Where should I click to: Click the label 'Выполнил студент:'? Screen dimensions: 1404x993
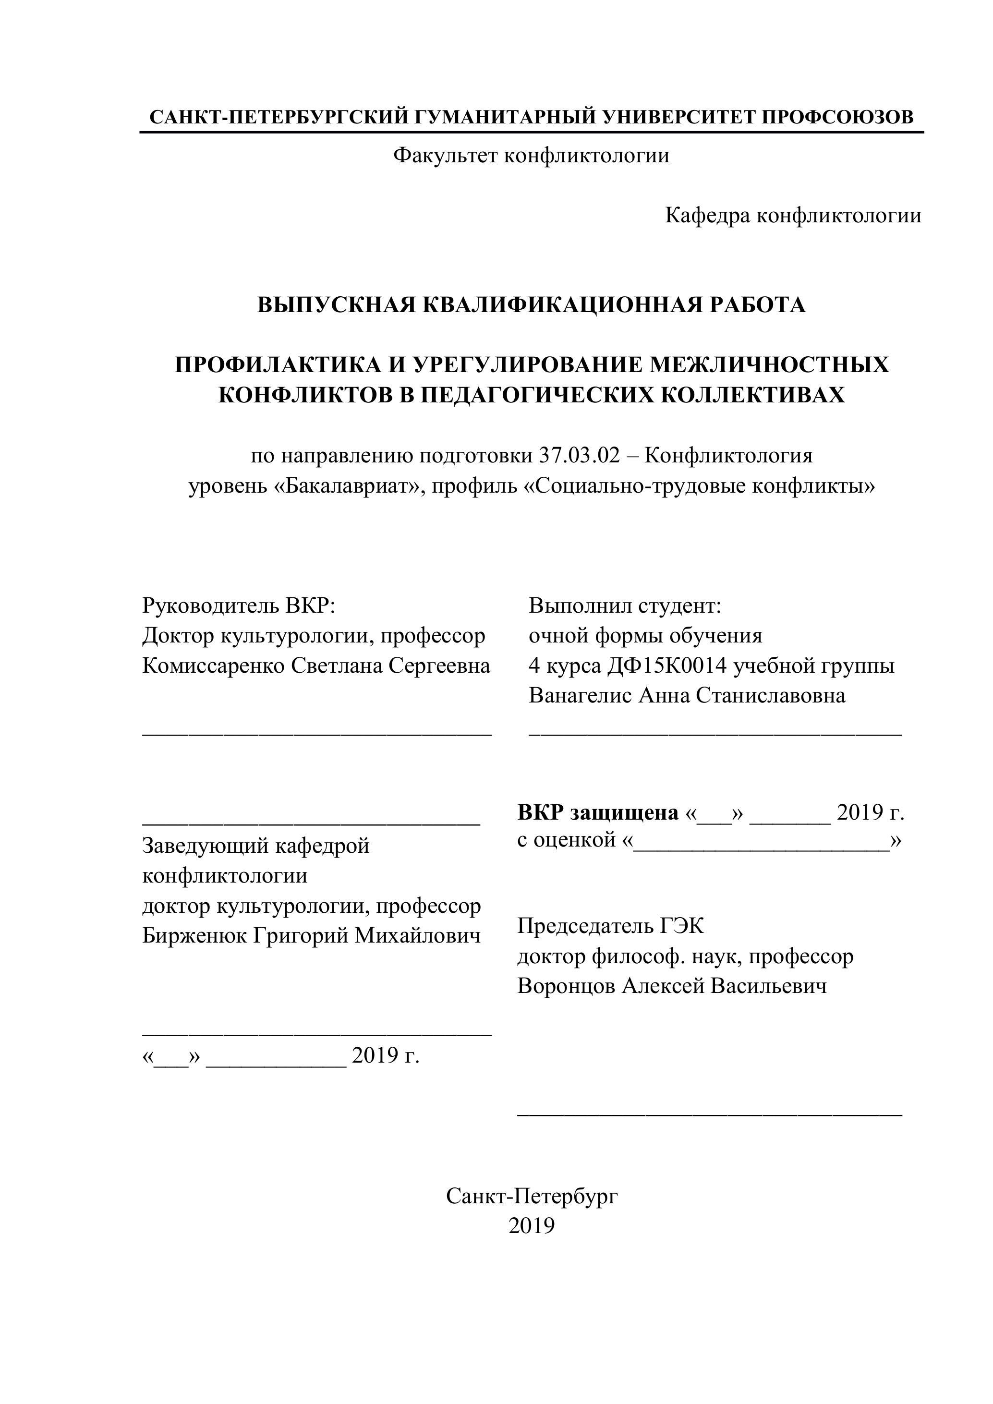tap(625, 606)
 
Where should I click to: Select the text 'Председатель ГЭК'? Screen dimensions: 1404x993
tap(610, 926)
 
